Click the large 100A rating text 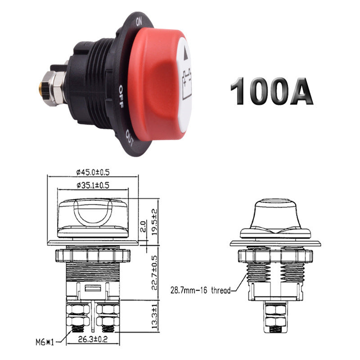click(x=271, y=91)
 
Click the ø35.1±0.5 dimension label click(x=93, y=184)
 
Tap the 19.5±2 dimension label click(x=154, y=219)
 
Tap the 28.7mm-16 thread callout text click(x=201, y=290)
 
